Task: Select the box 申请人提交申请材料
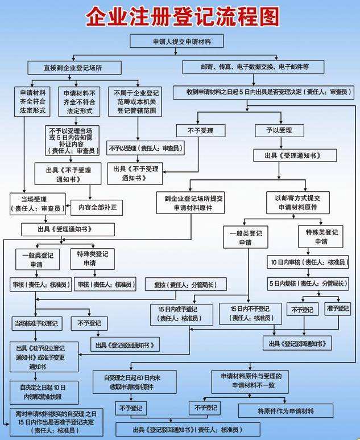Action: (176, 42)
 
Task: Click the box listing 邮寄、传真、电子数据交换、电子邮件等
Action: (253, 67)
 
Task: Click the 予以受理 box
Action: (277, 130)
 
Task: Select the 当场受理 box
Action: (38, 204)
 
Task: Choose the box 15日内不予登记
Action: (251, 314)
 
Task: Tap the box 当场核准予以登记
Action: (35, 323)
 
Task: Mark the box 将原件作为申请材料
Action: (287, 410)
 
